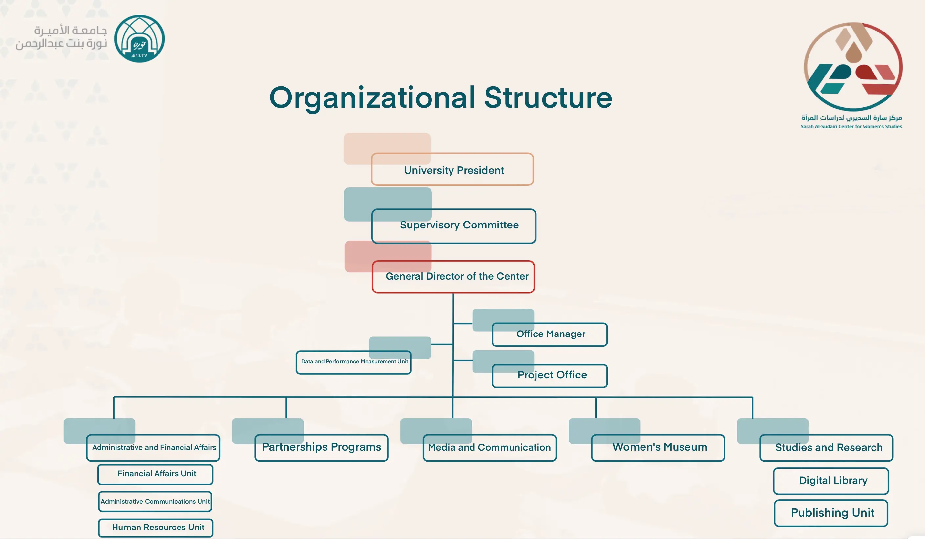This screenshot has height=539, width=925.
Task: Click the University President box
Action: (x=452, y=169)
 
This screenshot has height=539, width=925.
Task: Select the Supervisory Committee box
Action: (x=454, y=226)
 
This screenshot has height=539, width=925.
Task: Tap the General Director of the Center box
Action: (x=453, y=277)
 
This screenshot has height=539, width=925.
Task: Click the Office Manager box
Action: (x=550, y=334)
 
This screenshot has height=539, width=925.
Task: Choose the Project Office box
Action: (x=550, y=376)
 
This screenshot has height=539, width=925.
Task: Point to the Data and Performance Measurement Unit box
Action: (x=353, y=362)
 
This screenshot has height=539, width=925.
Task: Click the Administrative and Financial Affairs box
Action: (x=153, y=447)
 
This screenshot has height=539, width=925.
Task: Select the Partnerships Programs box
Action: (x=321, y=447)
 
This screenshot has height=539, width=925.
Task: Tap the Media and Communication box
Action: (x=490, y=447)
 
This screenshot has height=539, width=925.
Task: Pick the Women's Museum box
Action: (x=658, y=447)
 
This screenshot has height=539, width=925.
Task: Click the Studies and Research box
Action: (x=826, y=447)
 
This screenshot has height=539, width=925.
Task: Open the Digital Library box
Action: (x=831, y=481)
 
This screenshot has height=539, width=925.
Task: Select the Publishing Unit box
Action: (x=831, y=513)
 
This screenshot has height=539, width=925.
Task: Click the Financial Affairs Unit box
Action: (x=155, y=474)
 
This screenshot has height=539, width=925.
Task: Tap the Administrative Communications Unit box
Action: (x=155, y=502)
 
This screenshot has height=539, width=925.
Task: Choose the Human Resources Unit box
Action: (x=156, y=528)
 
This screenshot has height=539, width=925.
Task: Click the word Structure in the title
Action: (x=548, y=98)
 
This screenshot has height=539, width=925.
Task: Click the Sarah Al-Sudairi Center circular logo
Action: (x=853, y=67)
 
